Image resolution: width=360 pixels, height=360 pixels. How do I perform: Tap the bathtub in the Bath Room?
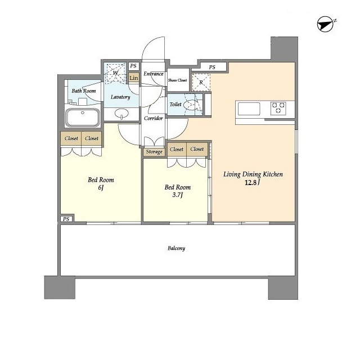coord(83,118)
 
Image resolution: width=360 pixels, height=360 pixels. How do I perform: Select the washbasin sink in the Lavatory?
coord(121,113)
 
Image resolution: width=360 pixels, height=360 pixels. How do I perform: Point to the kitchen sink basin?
coord(249,109)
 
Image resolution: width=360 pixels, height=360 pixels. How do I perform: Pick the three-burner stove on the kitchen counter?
coord(278,108)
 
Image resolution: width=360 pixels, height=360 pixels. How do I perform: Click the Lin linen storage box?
coord(134,78)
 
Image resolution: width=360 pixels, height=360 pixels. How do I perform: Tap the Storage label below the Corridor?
coord(154,151)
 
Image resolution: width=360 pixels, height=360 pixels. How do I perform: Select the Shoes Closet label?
coord(178,80)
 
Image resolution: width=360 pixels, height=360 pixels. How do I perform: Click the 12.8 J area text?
coord(253,183)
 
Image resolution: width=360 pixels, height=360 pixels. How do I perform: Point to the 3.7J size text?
coord(178,195)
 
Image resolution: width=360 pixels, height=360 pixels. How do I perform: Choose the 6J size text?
coord(101,188)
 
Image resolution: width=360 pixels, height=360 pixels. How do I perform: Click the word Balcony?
coord(176,248)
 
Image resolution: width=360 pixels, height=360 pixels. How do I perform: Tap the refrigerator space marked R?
coord(201,83)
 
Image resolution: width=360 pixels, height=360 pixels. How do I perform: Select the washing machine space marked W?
coord(115,73)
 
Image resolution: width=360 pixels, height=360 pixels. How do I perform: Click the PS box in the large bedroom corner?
coord(66,219)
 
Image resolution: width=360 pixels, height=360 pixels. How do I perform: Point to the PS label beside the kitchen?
coord(212,67)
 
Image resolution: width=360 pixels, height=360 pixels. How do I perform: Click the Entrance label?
coord(154,74)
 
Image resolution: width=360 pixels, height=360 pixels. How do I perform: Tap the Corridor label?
coord(154,118)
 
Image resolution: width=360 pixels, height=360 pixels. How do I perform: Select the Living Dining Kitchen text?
coord(253,174)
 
